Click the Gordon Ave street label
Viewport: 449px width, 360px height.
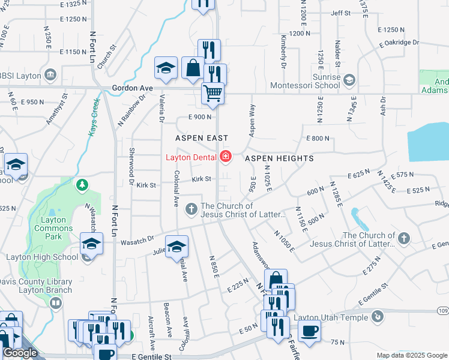pyautogui.click(x=132, y=88)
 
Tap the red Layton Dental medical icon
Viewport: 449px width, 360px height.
pyautogui.click(x=226, y=158)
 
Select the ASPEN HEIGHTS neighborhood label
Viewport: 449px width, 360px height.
pyautogui.click(x=279, y=158)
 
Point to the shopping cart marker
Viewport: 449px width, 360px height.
pyautogui.click(x=212, y=93)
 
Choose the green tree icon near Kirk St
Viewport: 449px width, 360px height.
pyautogui.click(x=82, y=185)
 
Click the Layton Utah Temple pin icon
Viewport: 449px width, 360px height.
pyautogui.click(x=377, y=316)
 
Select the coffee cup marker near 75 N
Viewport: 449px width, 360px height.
pyautogui.click(x=309, y=331)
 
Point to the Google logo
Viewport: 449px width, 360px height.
pyautogui.click(x=20, y=353)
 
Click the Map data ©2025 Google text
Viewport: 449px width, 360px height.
pyautogui.click(x=411, y=355)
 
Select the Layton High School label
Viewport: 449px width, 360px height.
pyautogui.click(x=42, y=257)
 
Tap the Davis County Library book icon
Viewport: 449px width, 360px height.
pyautogui.click(x=56, y=303)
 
